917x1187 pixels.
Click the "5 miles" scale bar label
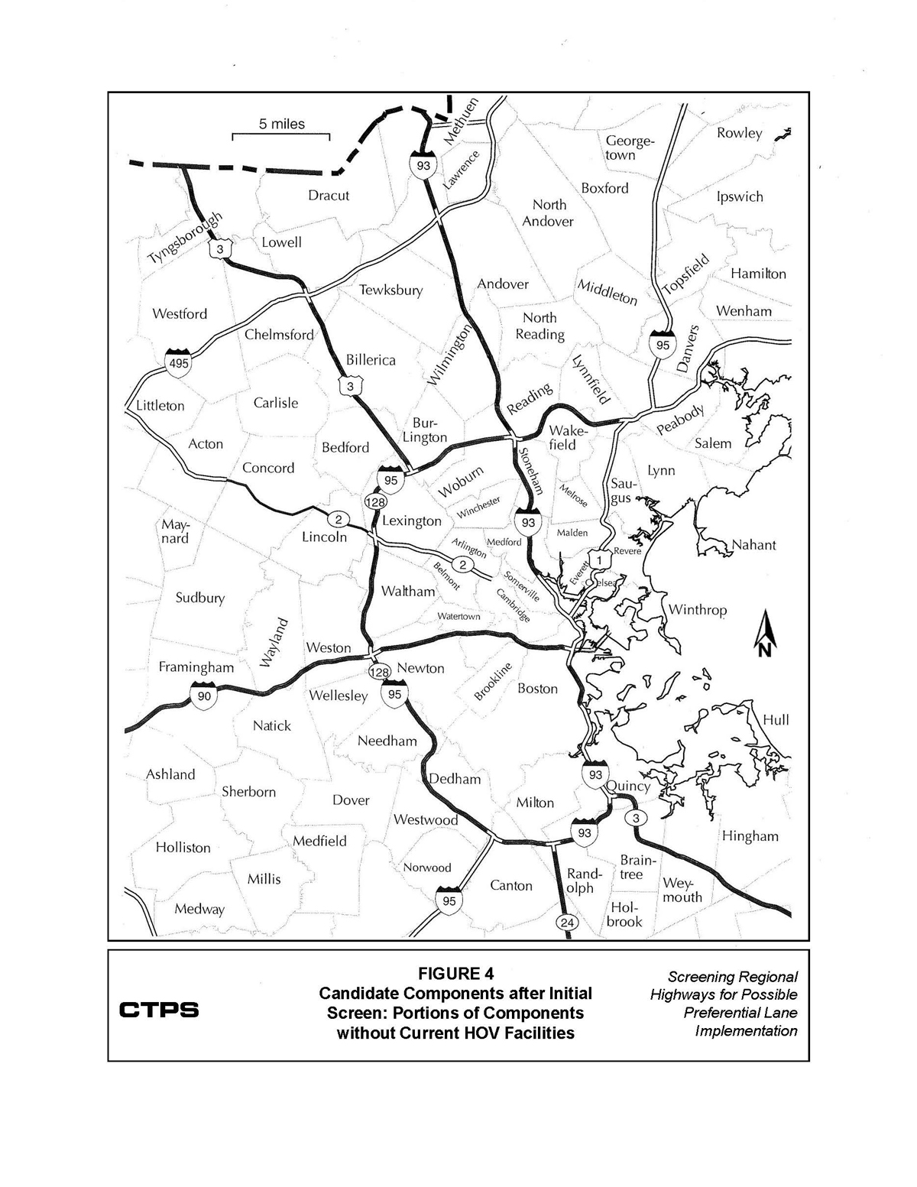[x=281, y=125]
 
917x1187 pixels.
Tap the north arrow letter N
[x=764, y=650]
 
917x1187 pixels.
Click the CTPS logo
[x=159, y=1010]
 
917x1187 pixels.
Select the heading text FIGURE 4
[x=455, y=973]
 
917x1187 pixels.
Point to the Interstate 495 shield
[x=179, y=362]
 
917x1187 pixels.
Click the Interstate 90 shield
[x=204, y=695]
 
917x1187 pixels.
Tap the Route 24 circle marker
[x=566, y=922]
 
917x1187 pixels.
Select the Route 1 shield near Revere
[x=600, y=560]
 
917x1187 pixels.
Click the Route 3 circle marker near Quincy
[x=635, y=818]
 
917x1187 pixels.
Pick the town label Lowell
[x=281, y=242]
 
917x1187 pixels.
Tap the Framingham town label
[x=196, y=667]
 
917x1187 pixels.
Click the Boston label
[x=537, y=689]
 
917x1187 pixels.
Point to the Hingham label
[x=750, y=836]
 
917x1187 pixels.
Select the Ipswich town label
[x=740, y=196]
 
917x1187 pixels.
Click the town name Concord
[x=267, y=468]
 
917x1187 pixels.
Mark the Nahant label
[x=753, y=545]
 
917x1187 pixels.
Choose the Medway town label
[x=199, y=909]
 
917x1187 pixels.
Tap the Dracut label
[x=329, y=195]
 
